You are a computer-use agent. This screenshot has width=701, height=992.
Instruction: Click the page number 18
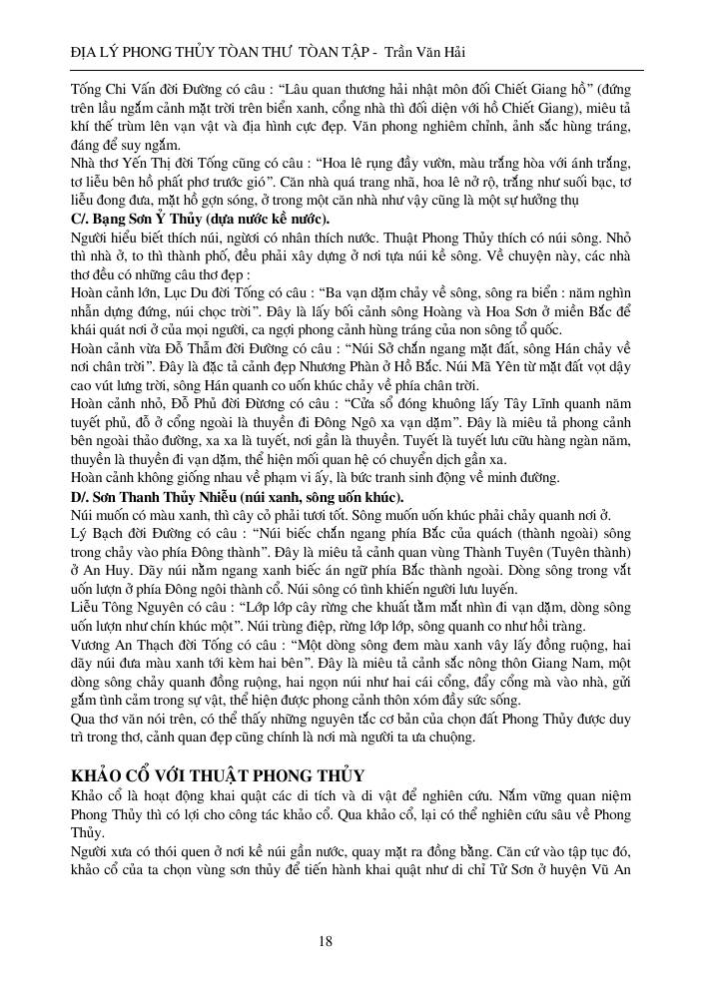pyautogui.click(x=326, y=940)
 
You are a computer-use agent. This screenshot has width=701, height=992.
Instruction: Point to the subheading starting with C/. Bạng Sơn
pyautogui.click(x=195, y=219)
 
